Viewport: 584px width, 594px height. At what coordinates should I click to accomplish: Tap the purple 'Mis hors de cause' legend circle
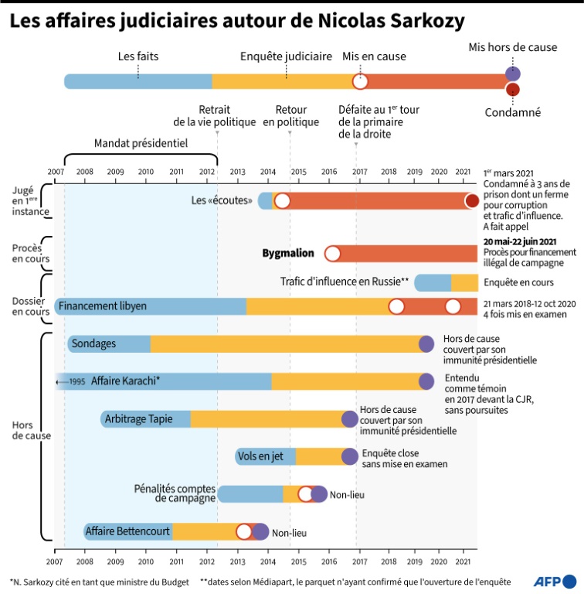pos(512,73)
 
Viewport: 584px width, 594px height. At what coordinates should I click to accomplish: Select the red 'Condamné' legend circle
pos(512,90)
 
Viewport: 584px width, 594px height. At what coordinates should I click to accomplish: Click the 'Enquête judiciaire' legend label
pos(286,56)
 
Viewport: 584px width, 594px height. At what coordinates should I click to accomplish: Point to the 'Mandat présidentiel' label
pos(141,143)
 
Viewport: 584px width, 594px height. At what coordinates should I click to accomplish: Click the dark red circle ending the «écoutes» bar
pos(472,201)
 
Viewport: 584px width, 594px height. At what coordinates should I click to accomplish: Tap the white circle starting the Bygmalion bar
pos(332,253)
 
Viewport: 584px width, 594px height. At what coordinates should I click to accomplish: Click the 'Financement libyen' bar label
pos(102,307)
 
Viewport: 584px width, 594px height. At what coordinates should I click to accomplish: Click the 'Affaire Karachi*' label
pos(125,381)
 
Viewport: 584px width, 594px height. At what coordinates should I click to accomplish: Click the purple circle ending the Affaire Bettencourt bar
pos(260,531)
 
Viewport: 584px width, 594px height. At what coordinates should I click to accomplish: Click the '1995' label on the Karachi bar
pos(76,381)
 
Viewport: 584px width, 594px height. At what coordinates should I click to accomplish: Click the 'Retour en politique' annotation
pos(290,116)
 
